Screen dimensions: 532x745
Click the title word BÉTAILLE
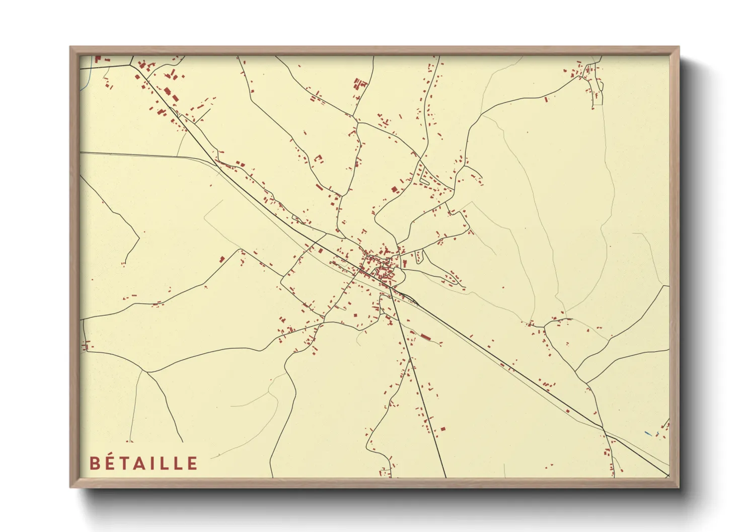pos(144,463)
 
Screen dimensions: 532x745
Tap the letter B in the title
pos(94,464)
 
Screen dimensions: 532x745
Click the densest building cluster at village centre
pos(380,267)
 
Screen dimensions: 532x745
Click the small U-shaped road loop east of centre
pos(419,257)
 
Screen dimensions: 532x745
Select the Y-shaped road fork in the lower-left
pos(145,372)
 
